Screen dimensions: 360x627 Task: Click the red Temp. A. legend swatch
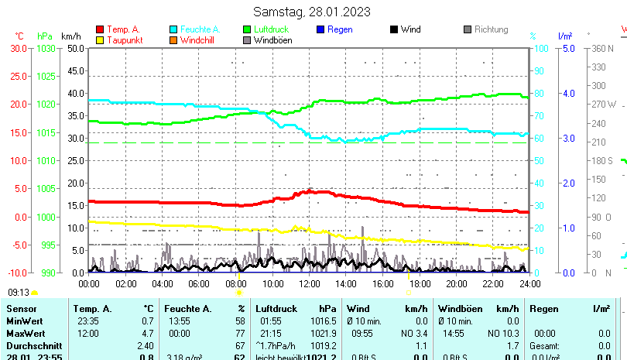coord(100,30)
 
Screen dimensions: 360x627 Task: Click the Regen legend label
coord(341,29)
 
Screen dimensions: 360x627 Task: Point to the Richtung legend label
coord(491,29)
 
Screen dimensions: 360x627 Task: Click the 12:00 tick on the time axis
coord(309,284)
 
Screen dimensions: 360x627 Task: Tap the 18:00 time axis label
coord(419,284)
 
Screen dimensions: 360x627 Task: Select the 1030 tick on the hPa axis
coord(46,48)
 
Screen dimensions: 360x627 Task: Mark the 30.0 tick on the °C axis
coord(19,48)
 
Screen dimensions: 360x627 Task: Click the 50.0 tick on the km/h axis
coord(75,48)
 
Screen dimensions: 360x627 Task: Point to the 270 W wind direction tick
coord(603,105)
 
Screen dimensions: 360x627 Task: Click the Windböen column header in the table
coord(460,309)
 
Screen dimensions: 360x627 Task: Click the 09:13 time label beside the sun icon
coord(19,293)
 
